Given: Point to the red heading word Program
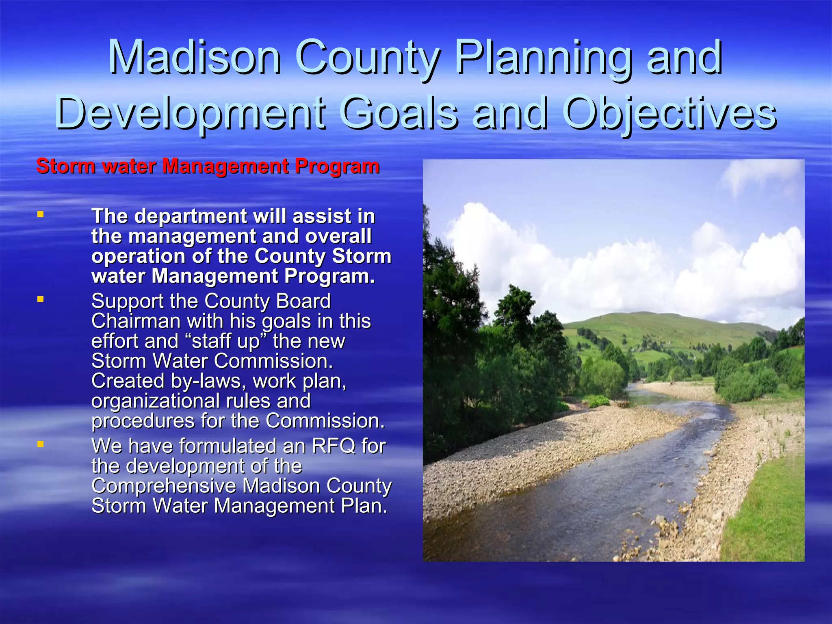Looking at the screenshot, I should click(337, 167).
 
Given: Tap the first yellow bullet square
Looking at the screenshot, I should click(40, 214).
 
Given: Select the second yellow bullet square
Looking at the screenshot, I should click(40, 299).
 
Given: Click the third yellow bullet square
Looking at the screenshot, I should click(40, 444).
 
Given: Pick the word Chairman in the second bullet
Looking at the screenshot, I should click(136, 321).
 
